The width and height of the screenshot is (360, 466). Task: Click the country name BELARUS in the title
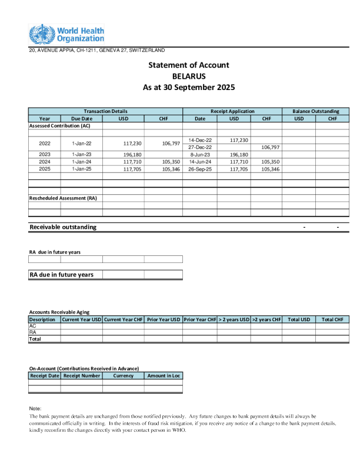pyautogui.click(x=188, y=76)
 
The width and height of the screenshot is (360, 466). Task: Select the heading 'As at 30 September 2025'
pyautogui.click(x=188, y=87)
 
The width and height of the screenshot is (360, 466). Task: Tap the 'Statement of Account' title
pyautogui.click(x=188, y=65)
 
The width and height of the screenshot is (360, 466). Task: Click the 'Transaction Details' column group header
pyautogui.click(x=105, y=111)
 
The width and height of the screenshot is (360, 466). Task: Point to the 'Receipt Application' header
pyautogui.click(x=232, y=111)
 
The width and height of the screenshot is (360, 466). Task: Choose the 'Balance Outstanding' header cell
pyautogui.click(x=315, y=111)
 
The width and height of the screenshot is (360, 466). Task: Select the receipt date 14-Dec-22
pyautogui.click(x=200, y=140)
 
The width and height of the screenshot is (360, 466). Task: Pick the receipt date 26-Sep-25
pyautogui.click(x=200, y=169)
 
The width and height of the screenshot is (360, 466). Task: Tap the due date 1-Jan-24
pyautogui.click(x=82, y=162)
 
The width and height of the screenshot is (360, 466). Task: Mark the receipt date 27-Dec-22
pyautogui.click(x=200, y=147)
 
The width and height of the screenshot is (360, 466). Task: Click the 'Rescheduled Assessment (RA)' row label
pyautogui.click(x=63, y=198)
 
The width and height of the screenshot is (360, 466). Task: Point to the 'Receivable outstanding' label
pyautogui.click(x=63, y=227)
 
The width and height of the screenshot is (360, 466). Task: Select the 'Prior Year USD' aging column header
pyautogui.click(x=163, y=319)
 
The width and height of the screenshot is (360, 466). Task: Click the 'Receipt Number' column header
pyautogui.click(x=82, y=375)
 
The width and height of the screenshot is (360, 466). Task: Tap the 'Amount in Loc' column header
pyautogui.click(x=163, y=375)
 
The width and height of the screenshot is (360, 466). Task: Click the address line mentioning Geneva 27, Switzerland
pyautogui.click(x=97, y=50)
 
